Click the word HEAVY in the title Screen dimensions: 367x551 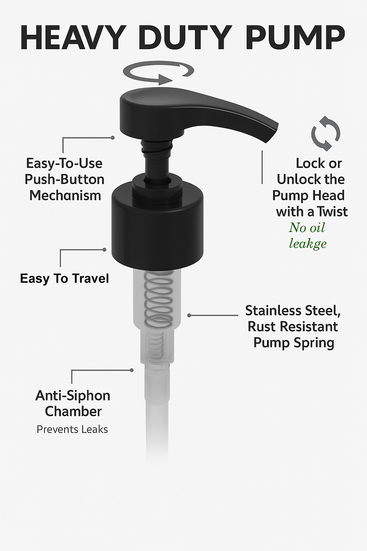point(72,38)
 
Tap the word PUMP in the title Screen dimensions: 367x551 point(296,38)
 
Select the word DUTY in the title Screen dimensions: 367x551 point(187,38)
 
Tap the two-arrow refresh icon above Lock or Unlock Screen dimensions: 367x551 point(326,133)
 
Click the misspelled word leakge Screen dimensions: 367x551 point(308,244)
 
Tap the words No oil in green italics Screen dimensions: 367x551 point(307,227)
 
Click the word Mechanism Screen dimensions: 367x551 point(65,196)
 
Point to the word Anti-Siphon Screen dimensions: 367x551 point(73,396)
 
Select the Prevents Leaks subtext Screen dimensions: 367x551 point(72,429)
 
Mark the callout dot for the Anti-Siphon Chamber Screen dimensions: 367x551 point(132,370)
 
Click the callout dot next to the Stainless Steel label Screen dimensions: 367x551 point(189,315)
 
